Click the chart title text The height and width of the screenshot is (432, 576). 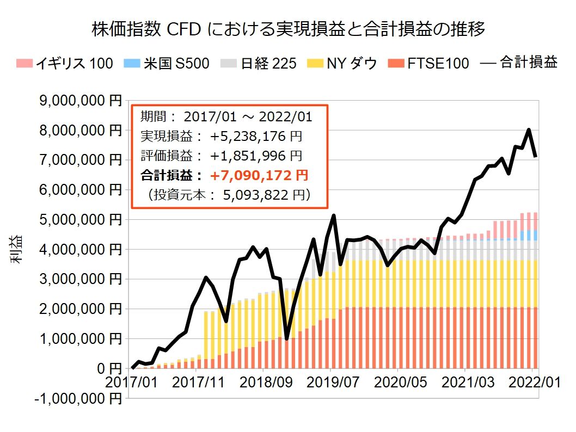pyautogui.click(x=288, y=29)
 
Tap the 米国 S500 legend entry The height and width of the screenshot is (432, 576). pyautogui.click(x=169, y=64)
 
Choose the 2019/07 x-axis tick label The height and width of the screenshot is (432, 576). pyautogui.click(x=330, y=382)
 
